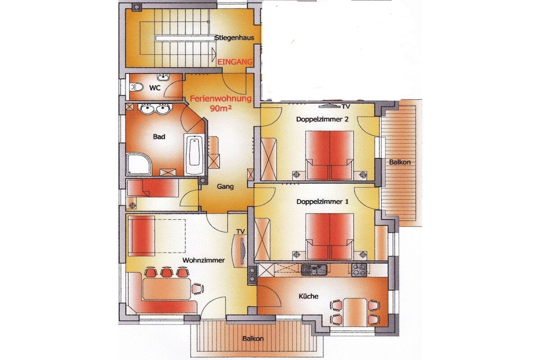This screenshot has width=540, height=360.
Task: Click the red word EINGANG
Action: click(235, 62)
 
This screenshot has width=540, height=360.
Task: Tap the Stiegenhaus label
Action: click(235, 37)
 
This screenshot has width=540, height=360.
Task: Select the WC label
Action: click(155, 88)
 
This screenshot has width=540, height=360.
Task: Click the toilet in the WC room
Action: click(136, 87)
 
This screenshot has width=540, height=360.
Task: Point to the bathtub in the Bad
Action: click(194, 154)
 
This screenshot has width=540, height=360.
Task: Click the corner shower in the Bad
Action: click(139, 164)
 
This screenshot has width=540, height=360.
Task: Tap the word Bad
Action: click(159, 137)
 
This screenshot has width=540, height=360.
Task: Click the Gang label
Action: click(225, 187)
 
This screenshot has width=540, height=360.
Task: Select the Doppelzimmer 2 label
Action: click(322, 120)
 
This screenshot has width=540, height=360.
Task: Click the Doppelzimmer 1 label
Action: click(322, 202)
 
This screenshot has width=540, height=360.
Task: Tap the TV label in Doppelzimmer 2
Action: click(345, 106)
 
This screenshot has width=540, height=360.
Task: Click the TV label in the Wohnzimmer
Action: click(240, 231)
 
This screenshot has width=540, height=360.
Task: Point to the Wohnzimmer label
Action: click(204, 260)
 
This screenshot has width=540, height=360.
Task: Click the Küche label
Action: click(308, 296)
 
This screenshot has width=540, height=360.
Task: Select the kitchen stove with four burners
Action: click(359, 270)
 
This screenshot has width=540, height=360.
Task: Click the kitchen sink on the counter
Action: click(314, 270)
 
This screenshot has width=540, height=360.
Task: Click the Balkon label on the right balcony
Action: click(400, 162)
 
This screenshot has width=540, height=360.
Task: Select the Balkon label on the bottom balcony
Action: click(253, 339)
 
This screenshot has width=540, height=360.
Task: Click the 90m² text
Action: click(221, 108)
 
